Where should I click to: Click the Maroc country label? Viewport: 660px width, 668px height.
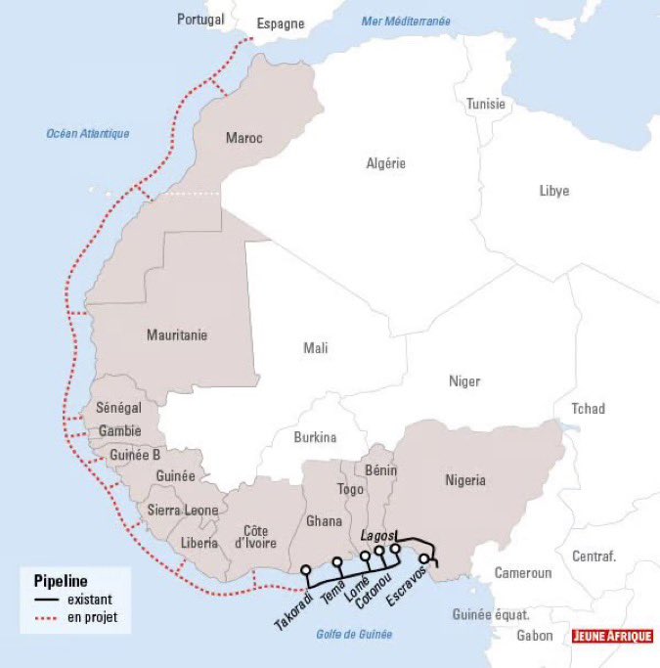click(243, 138)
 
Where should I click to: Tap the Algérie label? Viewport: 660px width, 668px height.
click(385, 163)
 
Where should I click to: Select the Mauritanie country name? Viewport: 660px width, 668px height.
click(177, 334)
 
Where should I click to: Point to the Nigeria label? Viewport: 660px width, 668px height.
click(465, 480)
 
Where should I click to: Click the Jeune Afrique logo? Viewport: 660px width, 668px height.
click(612, 636)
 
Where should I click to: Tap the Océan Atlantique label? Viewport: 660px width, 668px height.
click(88, 134)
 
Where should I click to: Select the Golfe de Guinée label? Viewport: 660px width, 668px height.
click(354, 634)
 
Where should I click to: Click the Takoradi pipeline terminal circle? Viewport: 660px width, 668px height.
click(305, 569)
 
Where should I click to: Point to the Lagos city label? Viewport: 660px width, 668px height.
click(376, 536)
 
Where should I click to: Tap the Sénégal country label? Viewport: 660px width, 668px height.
click(118, 407)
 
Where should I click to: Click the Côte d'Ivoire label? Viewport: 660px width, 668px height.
click(255, 536)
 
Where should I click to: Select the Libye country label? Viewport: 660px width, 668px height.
click(553, 190)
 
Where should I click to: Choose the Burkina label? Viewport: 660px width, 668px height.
click(315, 437)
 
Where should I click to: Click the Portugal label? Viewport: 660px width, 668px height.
click(200, 19)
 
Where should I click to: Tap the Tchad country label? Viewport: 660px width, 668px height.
click(589, 408)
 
